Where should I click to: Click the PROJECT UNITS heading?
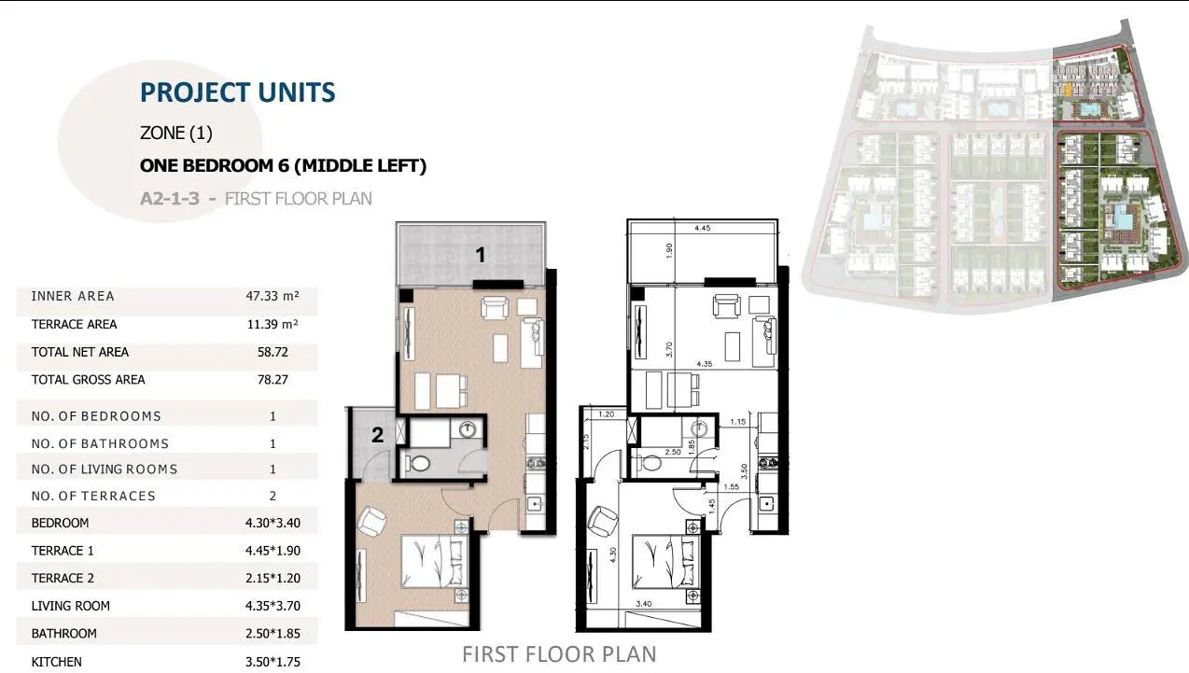[237, 92]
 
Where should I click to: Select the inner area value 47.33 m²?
[273, 296]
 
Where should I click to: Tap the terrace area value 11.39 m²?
[273, 324]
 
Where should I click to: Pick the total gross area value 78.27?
[273, 380]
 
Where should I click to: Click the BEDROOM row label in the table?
[60, 523]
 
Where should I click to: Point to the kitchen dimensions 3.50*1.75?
[273, 662]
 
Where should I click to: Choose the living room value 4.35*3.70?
[273, 606]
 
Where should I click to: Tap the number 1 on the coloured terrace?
[481, 256]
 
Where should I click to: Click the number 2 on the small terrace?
[377, 435]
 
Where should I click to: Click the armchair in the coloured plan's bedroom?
[371, 521]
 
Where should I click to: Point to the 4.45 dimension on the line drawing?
[702, 229]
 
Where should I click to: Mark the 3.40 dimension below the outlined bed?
[643, 604]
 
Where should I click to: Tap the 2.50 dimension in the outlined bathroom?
[673, 452]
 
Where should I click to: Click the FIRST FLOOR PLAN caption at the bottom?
[559, 654]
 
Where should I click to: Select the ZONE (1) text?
[176, 133]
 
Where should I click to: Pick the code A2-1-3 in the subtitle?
[169, 199]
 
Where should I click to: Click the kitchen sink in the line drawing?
[766, 503]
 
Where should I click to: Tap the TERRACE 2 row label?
[63, 578]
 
